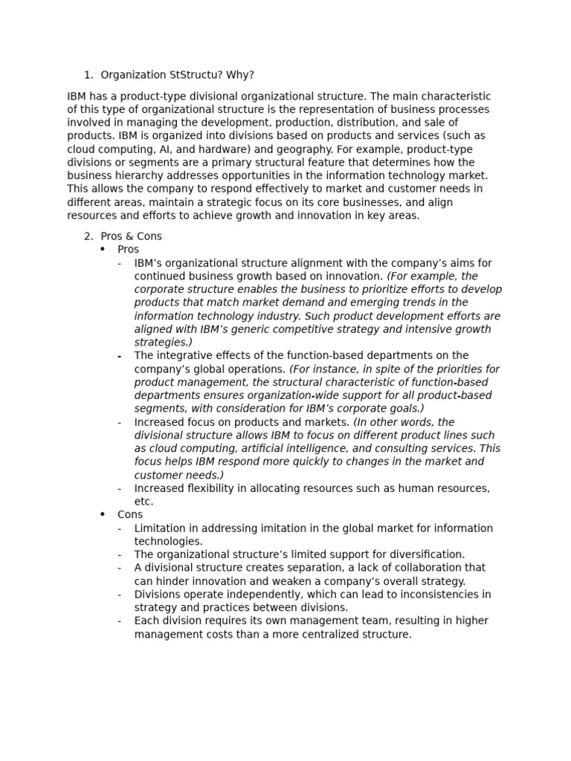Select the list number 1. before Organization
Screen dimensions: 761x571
pyautogui.click(x=88, y=75)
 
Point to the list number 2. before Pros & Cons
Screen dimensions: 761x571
pyautogui.click(x=88, y=236)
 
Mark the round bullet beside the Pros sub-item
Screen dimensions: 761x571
pyautogui.click(x=103, y=250)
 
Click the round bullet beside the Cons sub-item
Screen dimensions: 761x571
pyautogui.click(x=103, y=514)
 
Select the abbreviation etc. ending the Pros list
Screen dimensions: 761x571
pyautogui.click(x=143, y=502)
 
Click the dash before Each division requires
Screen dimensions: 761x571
pyautogui.click(x=120, y=621)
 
